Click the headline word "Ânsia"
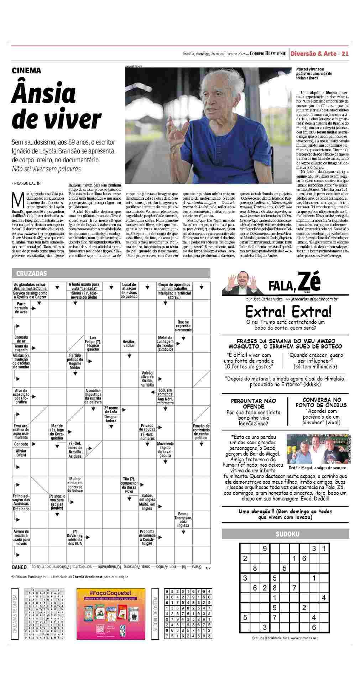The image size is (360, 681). pos(44,93)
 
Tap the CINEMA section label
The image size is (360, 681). pos(27,70)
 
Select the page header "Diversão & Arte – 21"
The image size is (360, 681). pos(319,54)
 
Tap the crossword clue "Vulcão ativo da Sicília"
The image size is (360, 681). pos(147,379)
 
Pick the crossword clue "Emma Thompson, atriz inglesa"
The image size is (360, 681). pos(183,520)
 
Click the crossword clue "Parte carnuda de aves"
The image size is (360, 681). pos(21,308)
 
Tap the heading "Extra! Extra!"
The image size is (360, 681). pos(288,312)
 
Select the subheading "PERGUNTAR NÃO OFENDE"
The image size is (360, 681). pos(253,404)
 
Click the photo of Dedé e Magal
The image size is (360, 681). pos(318,449)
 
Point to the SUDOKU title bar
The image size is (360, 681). pos(285,534)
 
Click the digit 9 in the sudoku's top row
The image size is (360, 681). pos(265,549)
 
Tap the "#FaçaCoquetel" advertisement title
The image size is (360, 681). pos(110,593)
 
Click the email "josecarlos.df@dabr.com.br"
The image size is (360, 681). pos(314,299)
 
